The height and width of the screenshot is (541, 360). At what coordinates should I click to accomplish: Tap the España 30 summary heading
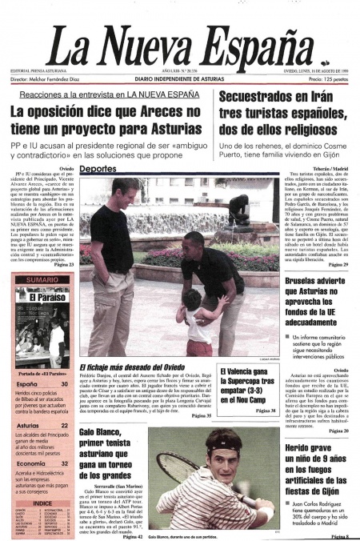pos(28,385)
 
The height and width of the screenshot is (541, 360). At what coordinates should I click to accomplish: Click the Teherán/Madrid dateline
pos(330,170)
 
